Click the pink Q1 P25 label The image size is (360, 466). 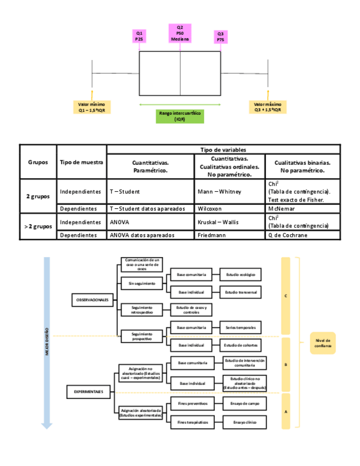tap(140, 37)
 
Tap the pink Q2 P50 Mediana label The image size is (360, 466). tap(180, 34)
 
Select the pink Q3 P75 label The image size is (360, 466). tap(220, 37)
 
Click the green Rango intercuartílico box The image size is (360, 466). tap(180, 115)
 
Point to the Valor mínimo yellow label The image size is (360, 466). tap(92, 107)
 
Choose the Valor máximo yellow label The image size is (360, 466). tap(268, 107)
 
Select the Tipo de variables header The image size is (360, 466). tap(223, 149)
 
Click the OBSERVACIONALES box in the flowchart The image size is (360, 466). tap(92, 299)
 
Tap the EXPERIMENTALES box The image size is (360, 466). tap(89, 391)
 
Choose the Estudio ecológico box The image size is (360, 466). tap(240, 273)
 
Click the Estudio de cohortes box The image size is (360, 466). tap(240, 345)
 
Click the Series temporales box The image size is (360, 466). tap(240, 327)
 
